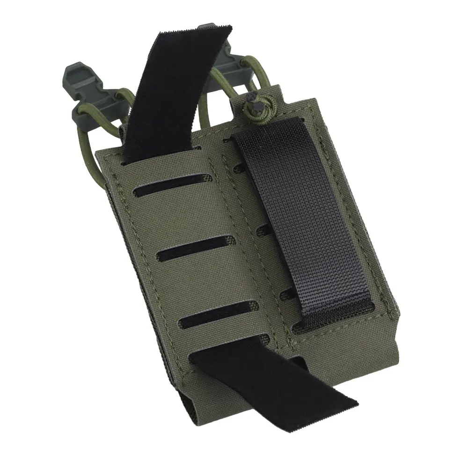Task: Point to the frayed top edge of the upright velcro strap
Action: pyautogui.click(x=197, y=30)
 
